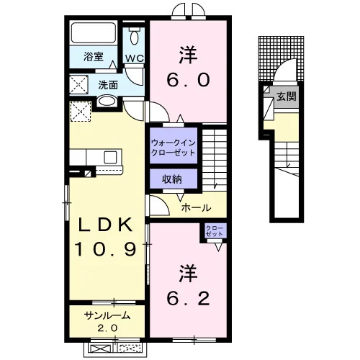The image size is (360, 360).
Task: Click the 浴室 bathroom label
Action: point(94,57)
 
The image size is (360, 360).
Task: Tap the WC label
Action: point(135,58)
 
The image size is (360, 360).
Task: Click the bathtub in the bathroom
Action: point(94,32)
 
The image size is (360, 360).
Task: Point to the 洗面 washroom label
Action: point(108,85)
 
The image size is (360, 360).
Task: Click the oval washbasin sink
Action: point(107,101)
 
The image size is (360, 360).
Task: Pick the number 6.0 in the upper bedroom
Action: point(188,80)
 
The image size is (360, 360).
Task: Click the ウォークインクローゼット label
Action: point(174,148)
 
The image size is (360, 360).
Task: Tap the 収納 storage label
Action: point(172,179)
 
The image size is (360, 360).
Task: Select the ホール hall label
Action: point(196,207)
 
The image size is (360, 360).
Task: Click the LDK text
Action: point(106,225)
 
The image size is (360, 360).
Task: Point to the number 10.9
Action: point(106,249)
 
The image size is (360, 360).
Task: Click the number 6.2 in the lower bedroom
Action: point(188,299)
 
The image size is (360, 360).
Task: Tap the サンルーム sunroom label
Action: point(107,315)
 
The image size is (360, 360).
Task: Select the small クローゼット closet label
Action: point(215,230)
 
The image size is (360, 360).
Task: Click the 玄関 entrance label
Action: point(287,96)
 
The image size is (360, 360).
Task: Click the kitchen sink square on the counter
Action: point(110,158)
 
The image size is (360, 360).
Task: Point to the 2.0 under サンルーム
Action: point(107,328)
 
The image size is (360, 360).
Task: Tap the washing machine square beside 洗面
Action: point(79,84)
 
